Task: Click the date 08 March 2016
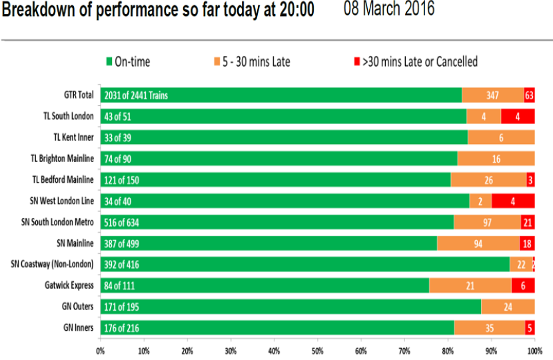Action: click(x=389, y=9)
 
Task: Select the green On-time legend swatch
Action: click(x=109, y=62)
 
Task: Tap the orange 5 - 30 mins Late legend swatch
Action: click(x=217, y=62)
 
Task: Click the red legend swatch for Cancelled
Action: click(x=357, y=62)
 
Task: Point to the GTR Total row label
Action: click(x=79, y=95)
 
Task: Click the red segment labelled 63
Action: click(x=530, y=95)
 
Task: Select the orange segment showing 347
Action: click(x=493, y=95)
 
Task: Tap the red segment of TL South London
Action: click(x=518, y=117)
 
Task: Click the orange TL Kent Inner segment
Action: click(x=501, y=137)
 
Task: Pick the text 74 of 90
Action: click(x=117, y=159)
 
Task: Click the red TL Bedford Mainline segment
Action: click(x=531, y=180)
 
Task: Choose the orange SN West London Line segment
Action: click(x=480, y=201)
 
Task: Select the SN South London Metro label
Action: click(x=57, y=222)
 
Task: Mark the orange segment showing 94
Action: click(x=478, y=243)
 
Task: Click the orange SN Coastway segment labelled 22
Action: click(x=521, y=265)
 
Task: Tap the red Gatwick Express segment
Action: click(x=523, y=285)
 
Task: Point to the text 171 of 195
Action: click(x=121, y=307)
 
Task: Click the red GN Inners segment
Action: click(x=530, y=328)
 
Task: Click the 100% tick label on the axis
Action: click(x=535, y=351)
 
